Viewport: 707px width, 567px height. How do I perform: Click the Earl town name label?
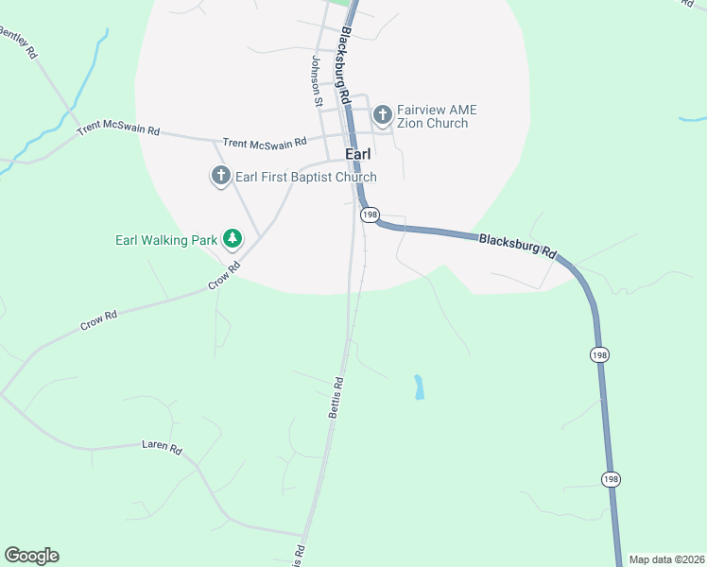[x=357, y=153]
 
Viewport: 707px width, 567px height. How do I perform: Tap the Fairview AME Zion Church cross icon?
[x=383, y=115]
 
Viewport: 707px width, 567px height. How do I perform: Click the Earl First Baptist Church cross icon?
[x=220, y=176]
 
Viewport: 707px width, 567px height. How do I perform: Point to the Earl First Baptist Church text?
[x=305, y=177]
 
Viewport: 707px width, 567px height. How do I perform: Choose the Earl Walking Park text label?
[x=166, y=240]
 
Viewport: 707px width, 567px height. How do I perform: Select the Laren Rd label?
[x=161, y=447]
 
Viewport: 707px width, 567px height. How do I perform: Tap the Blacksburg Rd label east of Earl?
[x=518, y=248]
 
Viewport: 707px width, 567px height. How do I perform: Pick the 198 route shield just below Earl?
[x=370, y=215]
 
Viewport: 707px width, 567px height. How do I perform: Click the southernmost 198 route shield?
[x=610, y=479]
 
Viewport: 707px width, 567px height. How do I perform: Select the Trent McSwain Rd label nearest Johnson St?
[x=265, y=143]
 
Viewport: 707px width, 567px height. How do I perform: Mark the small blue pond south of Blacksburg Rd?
[x=419, y=387]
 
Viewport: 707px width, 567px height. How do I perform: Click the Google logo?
[x=31, y=556]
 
